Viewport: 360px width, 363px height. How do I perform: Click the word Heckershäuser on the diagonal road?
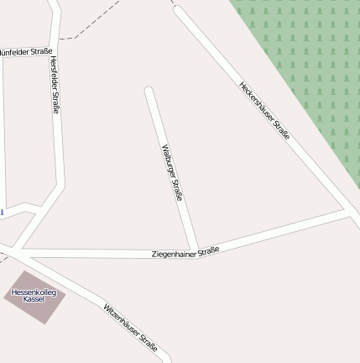[255, 100]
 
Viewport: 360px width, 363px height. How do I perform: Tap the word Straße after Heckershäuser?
[280, 128]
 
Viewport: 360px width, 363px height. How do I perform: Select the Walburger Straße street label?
[171, 172]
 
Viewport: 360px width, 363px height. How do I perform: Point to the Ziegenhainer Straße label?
[185, 251]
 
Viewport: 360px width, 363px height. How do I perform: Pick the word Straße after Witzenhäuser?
[148, 340]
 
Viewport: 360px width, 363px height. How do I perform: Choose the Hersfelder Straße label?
[55, 85]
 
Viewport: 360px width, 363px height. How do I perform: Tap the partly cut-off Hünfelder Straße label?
[25, 51]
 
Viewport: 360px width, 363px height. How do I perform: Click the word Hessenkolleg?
[34, 292]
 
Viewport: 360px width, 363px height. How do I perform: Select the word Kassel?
[34, 299]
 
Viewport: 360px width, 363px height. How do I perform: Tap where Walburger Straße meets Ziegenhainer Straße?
[195, 250]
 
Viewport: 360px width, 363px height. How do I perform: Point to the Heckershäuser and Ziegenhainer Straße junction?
[346, 210]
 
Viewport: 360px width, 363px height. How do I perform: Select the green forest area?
[310, 67]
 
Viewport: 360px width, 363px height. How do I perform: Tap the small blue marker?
[2, 213]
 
